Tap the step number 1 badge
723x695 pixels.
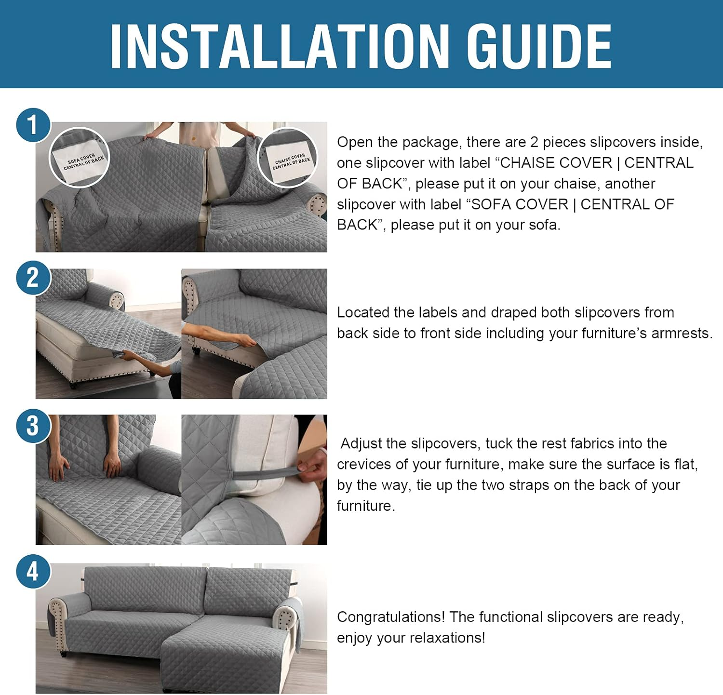pos(33,125)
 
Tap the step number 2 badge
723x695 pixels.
pos(33,278)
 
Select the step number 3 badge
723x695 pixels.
pos(33,426)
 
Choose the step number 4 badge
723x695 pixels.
pos(33,572)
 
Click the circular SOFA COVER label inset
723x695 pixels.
pos(80,157)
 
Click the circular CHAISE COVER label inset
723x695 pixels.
pos(288,157)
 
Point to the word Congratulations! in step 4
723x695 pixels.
pos(391,617)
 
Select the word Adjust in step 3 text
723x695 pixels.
pos(361,443)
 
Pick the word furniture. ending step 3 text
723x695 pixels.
pos(366,506)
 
